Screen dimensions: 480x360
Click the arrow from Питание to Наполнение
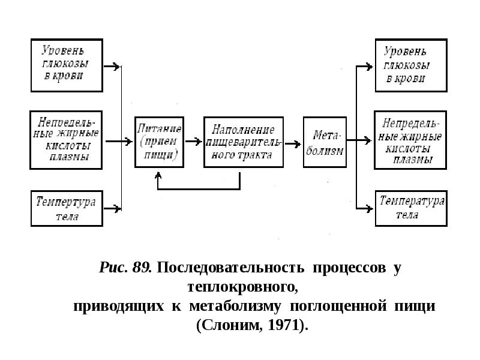pyautogui.click(x=193, y=142)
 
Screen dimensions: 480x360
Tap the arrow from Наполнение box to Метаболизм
pyautogui.click(x=293, y=143)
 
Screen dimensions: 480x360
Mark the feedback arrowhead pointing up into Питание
pyautogui.click(x=158, y=175)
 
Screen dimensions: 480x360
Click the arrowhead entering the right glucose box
pyautogui.click(x=369, y=66)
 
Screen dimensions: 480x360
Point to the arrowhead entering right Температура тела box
pyautogui.click(x=369, y=209)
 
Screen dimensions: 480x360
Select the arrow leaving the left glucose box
pyautogui.click(x=112, y=66)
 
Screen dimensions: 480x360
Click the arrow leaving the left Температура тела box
pyautogui.click(x=112, y=209)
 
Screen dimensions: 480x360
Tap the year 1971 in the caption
pyautogui.click(x=283, y=325)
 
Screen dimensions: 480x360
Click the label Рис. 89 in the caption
pyautogui.click(x=125, y=268)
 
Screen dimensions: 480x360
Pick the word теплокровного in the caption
pyautogui.click(x=243, y=287)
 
